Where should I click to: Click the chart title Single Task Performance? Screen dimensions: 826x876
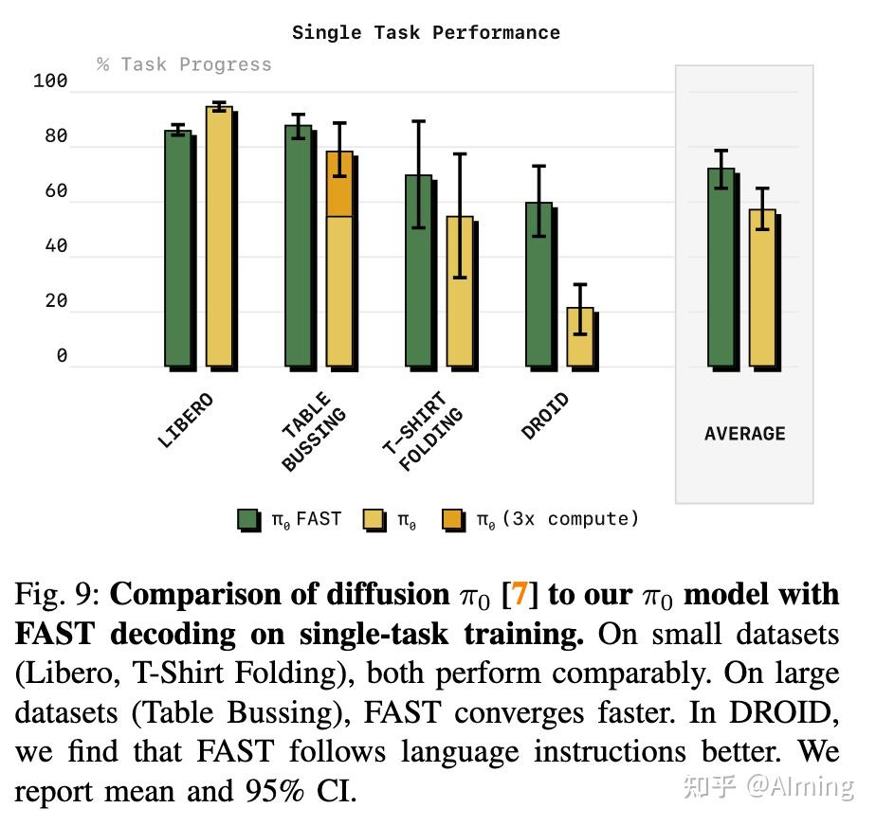[426, 32]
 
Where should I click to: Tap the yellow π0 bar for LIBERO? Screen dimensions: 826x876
[219, 237]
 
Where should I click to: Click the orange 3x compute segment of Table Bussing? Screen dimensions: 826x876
[339, 184]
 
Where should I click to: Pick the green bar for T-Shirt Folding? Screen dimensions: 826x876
[418, 271]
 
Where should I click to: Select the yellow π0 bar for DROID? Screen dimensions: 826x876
[580, 336]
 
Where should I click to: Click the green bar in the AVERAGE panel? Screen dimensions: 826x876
[721, 267]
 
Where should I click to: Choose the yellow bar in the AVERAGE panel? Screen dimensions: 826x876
[762, 288]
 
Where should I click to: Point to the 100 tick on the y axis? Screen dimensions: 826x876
[50, 81]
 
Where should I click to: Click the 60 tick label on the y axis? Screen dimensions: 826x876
[56, 191]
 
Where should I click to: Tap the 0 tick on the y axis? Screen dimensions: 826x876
[62, 357]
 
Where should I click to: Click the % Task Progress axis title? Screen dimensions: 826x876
[184, 64]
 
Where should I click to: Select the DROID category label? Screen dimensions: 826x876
[546, 416]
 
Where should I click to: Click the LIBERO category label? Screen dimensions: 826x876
[186, 420]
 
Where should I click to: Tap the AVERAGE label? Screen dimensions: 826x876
[744, 434]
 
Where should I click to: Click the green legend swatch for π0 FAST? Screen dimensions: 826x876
[248, 520]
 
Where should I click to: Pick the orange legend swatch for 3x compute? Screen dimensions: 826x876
[453, 520]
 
